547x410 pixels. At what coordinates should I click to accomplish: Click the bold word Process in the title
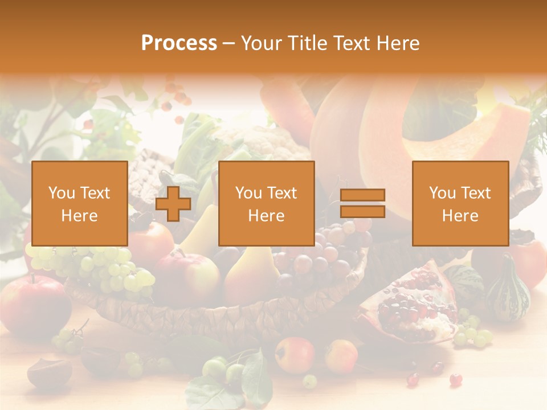point(179,43)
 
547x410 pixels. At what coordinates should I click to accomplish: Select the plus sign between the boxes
point(173,204)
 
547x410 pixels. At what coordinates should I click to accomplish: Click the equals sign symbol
point(362,203)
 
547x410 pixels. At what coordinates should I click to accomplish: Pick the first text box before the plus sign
point(80,203)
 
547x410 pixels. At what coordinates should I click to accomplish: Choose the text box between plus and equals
point(266,203)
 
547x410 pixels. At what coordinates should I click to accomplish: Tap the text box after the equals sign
point(460,203)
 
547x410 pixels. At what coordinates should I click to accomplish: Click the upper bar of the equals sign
point(362,195)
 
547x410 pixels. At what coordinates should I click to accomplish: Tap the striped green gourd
point(507,290)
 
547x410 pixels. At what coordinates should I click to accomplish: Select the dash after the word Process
point(229,43)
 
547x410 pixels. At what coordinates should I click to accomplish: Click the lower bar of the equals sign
point(362,212)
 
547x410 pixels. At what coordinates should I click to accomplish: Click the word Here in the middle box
point(266,216)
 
